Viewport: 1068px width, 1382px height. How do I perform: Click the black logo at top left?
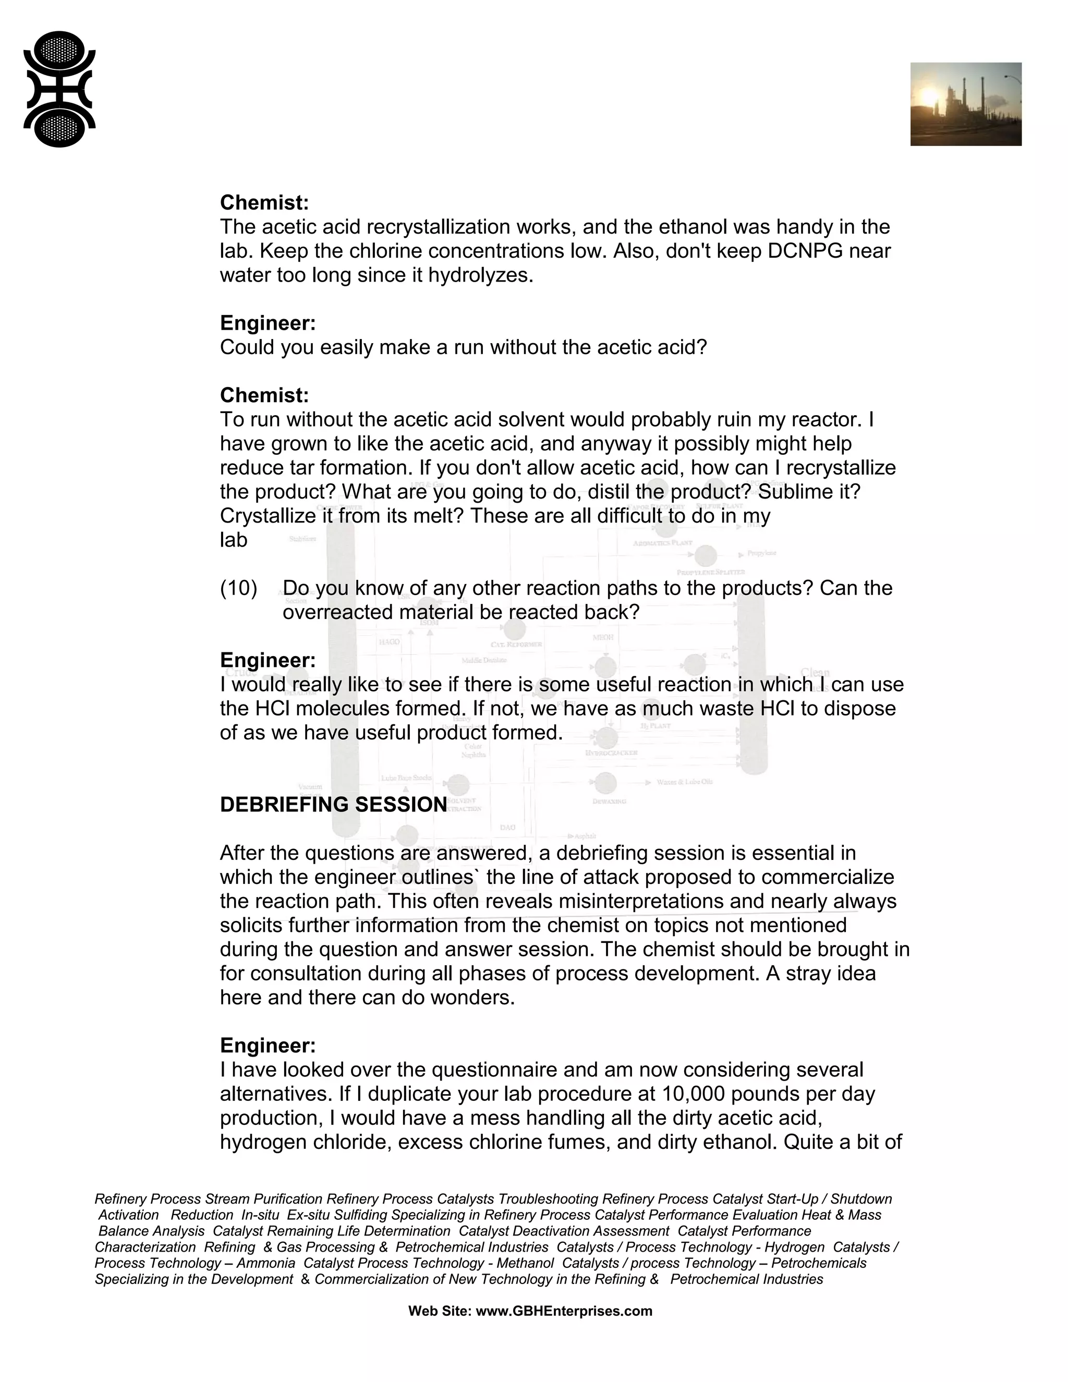[x=59, y=89]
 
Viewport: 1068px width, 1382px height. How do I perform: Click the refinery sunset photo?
[x=965, y=104]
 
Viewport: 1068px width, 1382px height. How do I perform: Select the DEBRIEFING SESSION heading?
[x=333, y=805]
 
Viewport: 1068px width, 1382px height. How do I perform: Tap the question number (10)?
[x=238, y=588]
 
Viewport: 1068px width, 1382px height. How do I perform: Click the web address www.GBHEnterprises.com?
[x=563, y=1311]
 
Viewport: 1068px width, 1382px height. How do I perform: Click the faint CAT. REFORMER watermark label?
[x=516, y=644]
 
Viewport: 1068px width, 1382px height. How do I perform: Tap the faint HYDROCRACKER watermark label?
[x=611, y=753]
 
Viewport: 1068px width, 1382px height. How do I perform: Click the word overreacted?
[x=338, y=613]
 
